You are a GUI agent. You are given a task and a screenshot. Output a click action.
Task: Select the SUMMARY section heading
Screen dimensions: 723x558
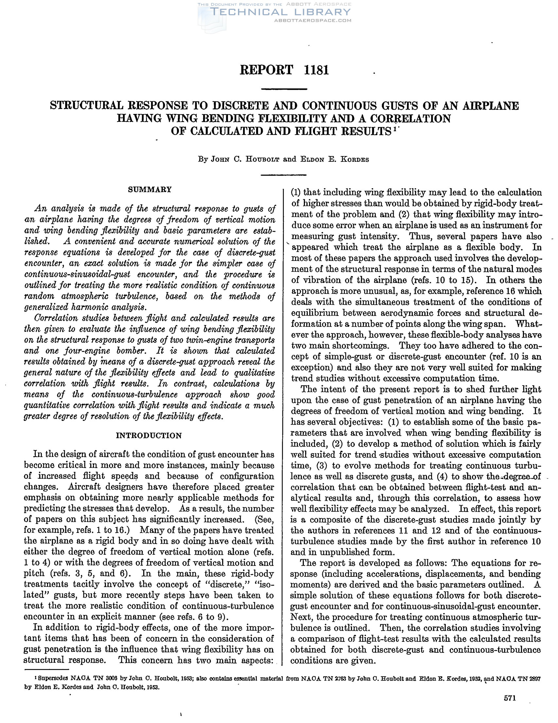click(150, 190)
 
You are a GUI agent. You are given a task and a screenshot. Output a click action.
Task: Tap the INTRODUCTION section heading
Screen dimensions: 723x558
click(149, 436)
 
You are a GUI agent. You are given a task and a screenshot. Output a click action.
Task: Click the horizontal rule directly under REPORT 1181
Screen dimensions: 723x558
click(284, 89)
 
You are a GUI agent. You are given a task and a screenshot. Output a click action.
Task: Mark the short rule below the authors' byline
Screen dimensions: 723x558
click(284, 175)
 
